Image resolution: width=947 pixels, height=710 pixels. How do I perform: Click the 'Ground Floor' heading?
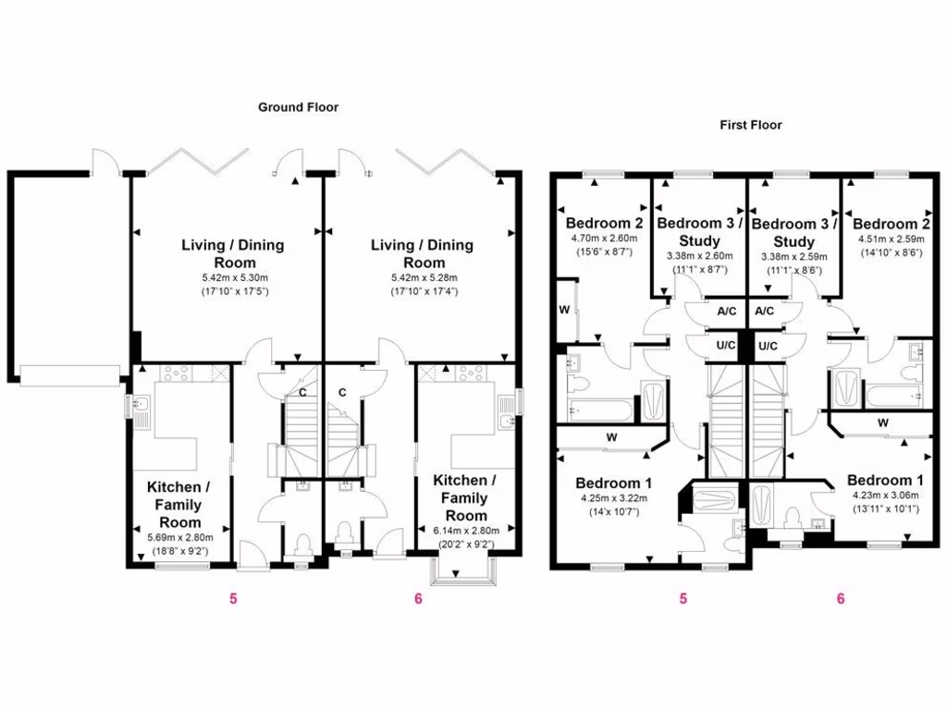298,107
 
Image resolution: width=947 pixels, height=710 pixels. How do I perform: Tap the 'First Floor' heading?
751,125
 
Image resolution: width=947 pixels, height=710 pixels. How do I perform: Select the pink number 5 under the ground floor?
233,598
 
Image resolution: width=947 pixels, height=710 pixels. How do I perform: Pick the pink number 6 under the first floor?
840,598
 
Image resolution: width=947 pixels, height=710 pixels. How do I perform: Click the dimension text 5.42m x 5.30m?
232,277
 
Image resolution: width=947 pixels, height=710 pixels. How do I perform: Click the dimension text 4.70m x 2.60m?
604,238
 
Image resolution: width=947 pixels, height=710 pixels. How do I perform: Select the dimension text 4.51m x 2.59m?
889,238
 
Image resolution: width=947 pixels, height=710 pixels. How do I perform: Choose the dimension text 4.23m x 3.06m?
885,495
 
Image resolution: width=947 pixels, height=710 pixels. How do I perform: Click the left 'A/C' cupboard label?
727,312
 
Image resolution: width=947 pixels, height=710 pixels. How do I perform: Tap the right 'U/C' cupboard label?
767,346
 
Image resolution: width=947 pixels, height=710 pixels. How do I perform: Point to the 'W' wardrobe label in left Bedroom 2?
563,311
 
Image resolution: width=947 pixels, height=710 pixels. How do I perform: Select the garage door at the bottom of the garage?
70,374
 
